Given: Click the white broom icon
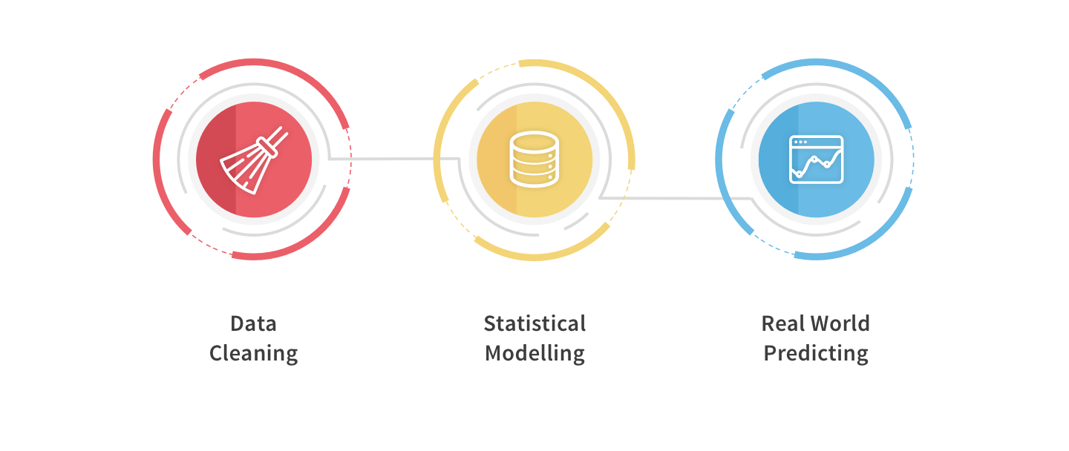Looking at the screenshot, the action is click(x=254, y=160).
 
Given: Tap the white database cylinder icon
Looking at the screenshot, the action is click(x=534, y=159).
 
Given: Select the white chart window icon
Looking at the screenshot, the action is click(x=816, y=159).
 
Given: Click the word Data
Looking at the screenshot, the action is click(x=253, y=323).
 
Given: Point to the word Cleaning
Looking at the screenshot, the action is click(x=253, y=354).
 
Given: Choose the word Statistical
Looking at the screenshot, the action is click(x=534, y=323).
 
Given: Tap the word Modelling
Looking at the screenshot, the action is click(x=534, y=354).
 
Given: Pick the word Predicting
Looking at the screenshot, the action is click(x=816, y=354).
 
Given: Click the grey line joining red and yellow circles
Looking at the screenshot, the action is click(x=394, y=159).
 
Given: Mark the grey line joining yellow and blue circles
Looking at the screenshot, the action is click(x=676, y=198).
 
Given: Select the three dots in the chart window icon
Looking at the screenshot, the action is click(x=800, y=142).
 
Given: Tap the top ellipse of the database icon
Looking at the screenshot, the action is click(x=534, y=140).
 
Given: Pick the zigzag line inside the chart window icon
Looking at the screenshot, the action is click(x=816, y=164).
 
